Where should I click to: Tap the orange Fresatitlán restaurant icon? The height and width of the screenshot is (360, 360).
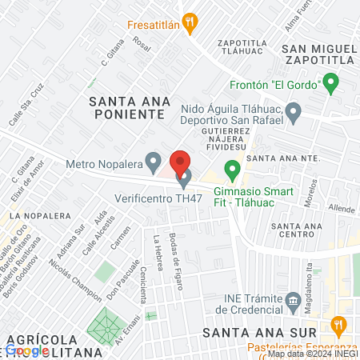pyautogui.click(x=190, y=24)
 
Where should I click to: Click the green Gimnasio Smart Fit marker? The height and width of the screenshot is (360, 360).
pyautogui.click(x=232, y=170)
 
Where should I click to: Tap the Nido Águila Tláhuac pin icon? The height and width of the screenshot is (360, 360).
pyautogui.click(x=294, y=112)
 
